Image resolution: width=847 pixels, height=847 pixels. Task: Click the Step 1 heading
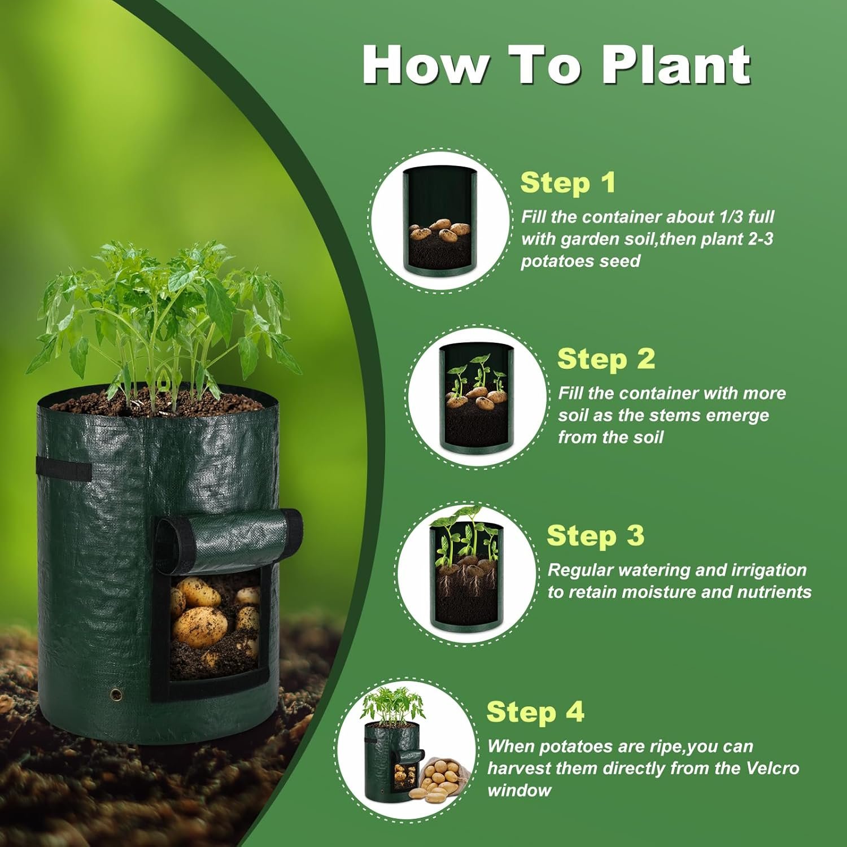pyautogui.click(x=567, y=183)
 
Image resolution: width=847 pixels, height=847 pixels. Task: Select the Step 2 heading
pyautogui.click(x=606, y=359)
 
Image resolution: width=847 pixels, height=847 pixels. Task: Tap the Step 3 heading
pyautogui.click(x=595, y=535)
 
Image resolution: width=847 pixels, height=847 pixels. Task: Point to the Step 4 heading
pyautogui.click(x=535, y=711)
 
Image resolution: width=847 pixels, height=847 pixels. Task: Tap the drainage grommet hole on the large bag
pyautogui.click(x=117, y=693)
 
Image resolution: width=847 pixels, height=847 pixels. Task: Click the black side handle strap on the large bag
pyautogui.click(x=63, y=470)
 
